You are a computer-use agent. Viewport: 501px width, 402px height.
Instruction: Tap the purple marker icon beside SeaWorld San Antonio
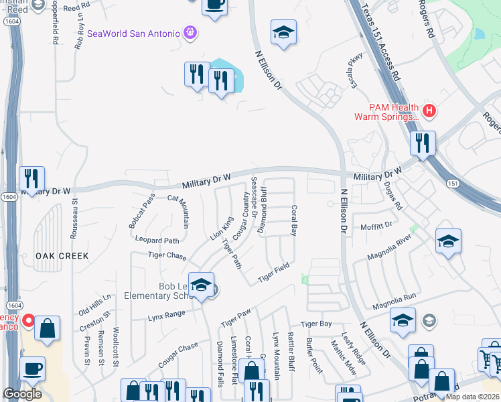pos(190,32)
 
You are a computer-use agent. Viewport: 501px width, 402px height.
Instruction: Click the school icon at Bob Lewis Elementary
pos(201,285)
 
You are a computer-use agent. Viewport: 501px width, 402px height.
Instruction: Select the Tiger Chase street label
pos(167,256)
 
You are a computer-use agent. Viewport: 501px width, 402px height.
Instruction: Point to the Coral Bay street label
pos(293,221)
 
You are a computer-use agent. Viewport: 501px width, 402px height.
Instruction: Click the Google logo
pos(22,393)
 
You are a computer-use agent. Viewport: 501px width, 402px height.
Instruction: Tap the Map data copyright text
pos(473,397)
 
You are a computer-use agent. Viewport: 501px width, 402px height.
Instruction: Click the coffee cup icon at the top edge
pos(215,5)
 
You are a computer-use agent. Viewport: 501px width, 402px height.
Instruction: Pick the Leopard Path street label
pos(157,240)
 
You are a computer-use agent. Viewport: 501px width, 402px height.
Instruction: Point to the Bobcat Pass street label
pos(142,210)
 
